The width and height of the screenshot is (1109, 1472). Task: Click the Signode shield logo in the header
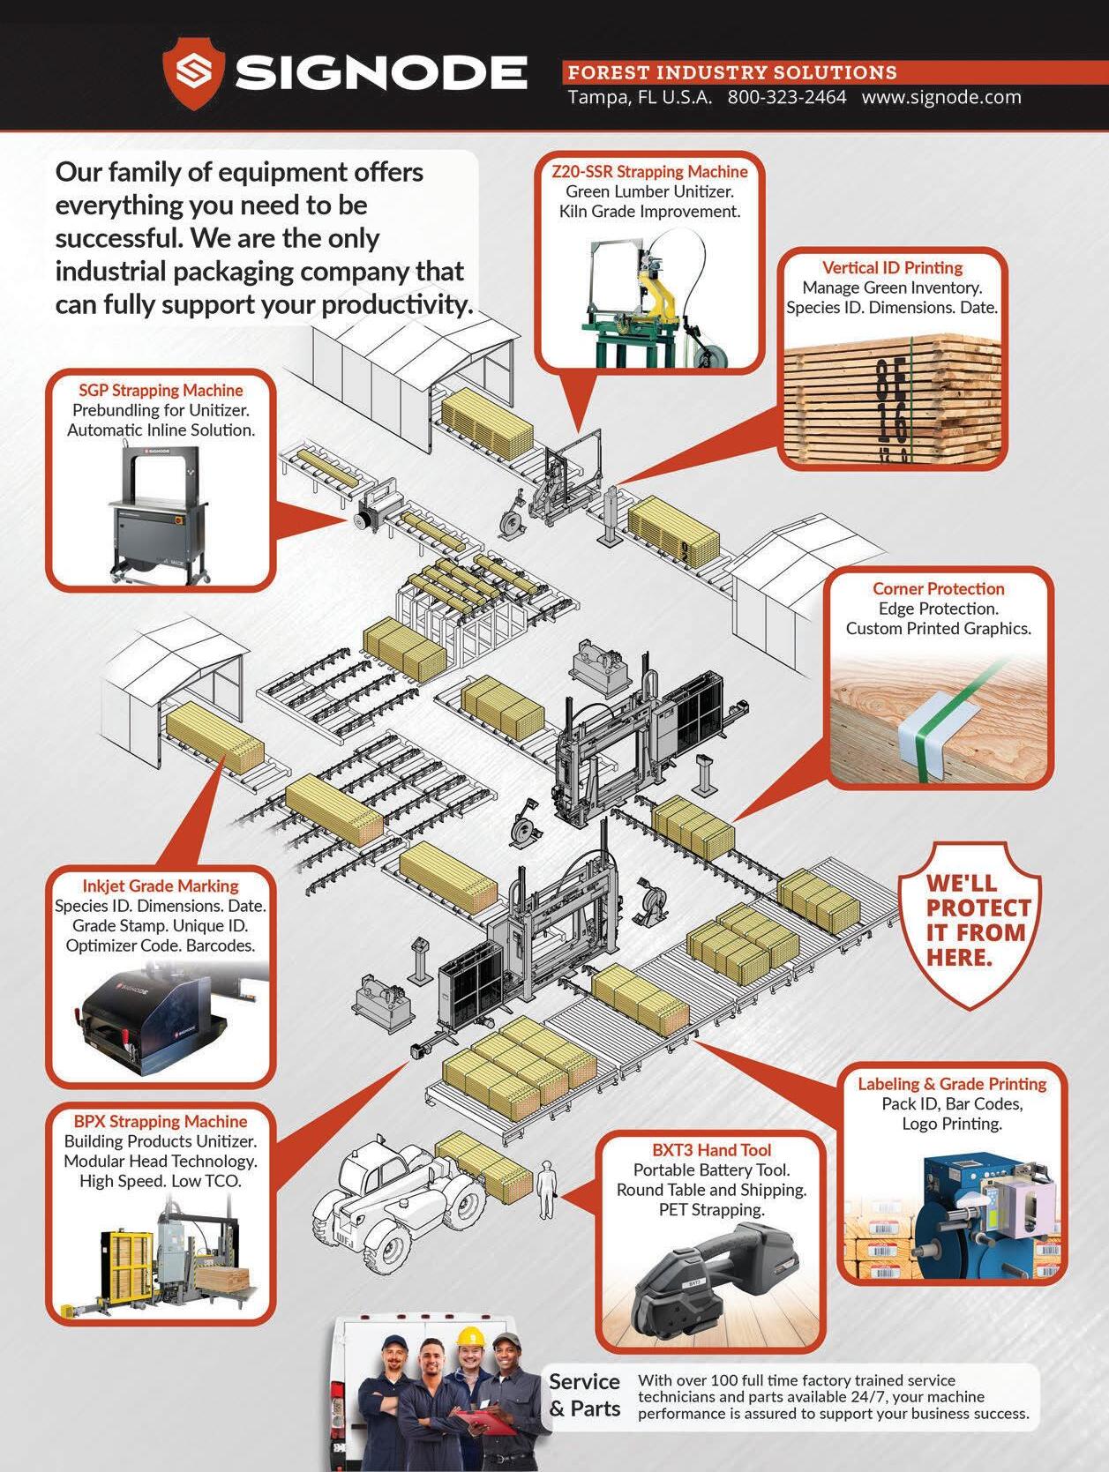[193, 73]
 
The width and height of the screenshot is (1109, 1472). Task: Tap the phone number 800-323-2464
[786, 98]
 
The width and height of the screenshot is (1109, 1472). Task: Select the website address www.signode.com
[940, 98]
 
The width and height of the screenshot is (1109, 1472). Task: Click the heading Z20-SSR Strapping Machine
[649, 172]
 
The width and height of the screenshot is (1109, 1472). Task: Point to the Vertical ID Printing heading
[892, 268]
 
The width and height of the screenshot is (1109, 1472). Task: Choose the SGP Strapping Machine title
[161, 391]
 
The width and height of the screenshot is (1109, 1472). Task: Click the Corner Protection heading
[938, 589]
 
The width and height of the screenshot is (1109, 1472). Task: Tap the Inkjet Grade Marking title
[161, 886]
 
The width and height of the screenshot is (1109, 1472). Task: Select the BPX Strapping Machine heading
[161, 1122]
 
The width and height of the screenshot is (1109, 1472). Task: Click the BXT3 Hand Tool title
[711, 1150]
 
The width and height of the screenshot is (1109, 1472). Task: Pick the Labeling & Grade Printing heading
[952, 1084]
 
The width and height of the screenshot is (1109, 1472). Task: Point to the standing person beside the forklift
[547, 1189]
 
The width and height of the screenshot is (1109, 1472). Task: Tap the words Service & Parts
[584, 1394]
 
